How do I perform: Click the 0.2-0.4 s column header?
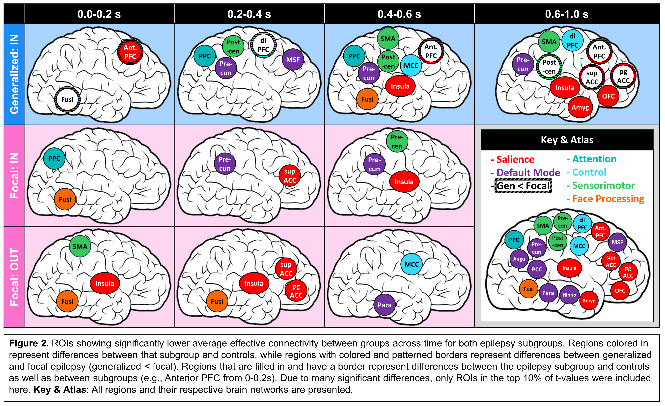coord(249,14)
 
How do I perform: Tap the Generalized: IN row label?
coord(14,74)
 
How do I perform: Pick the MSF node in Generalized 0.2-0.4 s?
coord(293,60)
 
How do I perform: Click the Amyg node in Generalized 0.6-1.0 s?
coord(580,107)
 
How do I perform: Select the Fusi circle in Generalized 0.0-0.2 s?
coord(67,100)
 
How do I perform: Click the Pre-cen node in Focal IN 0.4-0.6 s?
coord(397,141)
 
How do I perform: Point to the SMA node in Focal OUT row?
coord(80,246)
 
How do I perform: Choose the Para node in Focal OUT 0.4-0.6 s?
coord(384,305)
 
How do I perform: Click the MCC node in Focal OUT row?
coord(411,264)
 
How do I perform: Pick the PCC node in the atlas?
coord(537,269)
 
